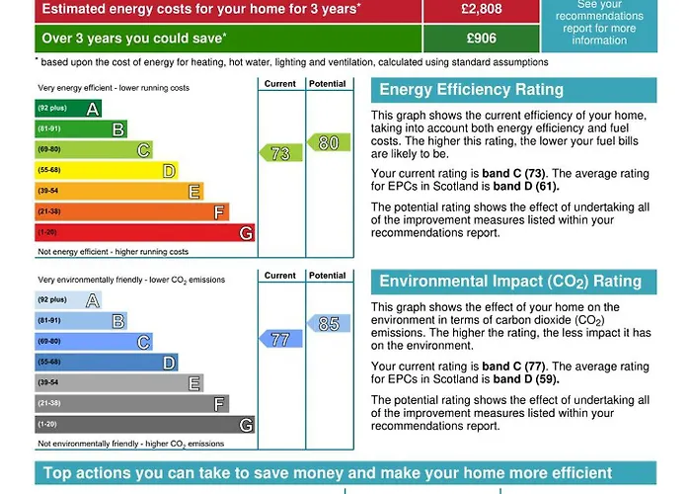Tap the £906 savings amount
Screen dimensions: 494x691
coord(481,39)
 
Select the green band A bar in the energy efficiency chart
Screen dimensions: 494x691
coord(67,109)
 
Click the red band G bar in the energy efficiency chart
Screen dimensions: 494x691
coord(144,232)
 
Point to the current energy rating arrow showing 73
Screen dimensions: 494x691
coord(279,153)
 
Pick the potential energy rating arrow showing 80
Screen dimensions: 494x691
coord(328,143)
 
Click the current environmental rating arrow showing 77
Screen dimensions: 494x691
coord(279,339)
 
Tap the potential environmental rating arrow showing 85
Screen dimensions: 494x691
coord(328,323)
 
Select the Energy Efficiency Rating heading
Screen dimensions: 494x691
coord(471,90)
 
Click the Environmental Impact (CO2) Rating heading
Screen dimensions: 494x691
coord(510,282)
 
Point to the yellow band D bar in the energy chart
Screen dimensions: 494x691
coord(106,170)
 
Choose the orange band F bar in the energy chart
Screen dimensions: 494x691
coord(131,211)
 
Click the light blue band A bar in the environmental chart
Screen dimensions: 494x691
coord(67,300)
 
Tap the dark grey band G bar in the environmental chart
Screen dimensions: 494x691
coord(144,424)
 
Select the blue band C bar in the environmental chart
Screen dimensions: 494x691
coord(93,342)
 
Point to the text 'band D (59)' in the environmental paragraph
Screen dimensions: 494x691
coord(526,378)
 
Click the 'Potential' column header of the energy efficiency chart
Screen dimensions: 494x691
coord(327,84)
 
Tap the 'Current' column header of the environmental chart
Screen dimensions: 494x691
coord(280,276)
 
